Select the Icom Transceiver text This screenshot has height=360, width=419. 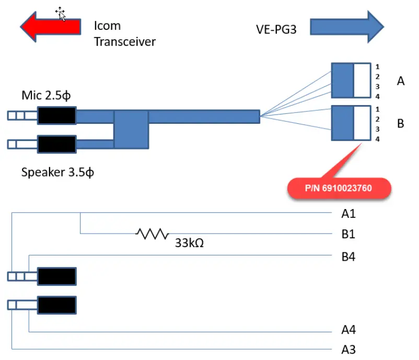[124, 33]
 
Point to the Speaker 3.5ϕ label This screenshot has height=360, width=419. [57, 172]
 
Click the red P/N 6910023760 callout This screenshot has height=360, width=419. [339, 188]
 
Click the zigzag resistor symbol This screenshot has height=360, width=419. [152, 234]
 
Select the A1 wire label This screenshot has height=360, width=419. [348, 213]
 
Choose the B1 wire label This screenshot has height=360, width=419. [348, 235]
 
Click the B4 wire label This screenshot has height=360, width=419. [348, 256]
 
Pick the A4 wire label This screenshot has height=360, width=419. [348, 329]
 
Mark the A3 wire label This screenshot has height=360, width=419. [348, 349]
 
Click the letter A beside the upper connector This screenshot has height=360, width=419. [401, 81]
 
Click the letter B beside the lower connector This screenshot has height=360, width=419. [401, 124]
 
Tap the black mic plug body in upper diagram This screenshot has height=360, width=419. [56, 116]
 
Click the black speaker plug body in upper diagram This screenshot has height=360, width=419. [56, 143]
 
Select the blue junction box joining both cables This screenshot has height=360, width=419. [131, 129]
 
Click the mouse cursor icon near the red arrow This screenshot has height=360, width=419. [61, 14]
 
